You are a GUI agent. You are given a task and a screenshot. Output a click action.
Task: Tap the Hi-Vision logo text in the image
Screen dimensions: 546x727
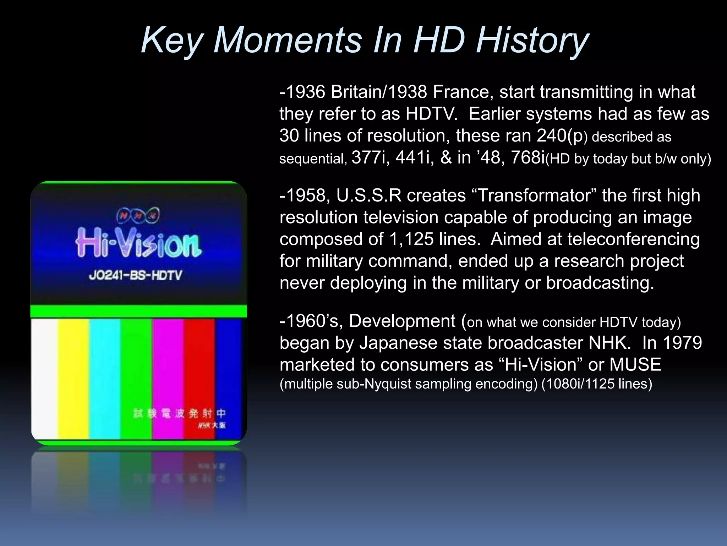click(x=138, y=243)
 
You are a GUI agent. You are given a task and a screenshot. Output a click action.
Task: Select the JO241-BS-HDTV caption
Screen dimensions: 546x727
click(x=135, y=275)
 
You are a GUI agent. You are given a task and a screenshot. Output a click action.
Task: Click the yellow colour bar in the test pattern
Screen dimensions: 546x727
click(x=73, y=377)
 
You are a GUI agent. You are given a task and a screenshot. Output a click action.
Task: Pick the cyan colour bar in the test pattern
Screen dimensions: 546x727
click(x=105, y=377)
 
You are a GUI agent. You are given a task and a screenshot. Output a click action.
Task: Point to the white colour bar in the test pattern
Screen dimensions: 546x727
click(x=45, y=377)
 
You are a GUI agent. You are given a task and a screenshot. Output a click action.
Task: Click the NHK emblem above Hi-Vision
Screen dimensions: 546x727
click(x=138, y=215)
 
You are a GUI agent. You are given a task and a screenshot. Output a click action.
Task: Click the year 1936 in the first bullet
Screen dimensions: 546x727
click(x=305, y=92)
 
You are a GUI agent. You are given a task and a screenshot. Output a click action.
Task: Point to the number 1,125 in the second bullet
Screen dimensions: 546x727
click(x=411, y=239)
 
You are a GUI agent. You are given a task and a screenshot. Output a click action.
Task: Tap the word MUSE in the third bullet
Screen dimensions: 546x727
click(x=635, y=365)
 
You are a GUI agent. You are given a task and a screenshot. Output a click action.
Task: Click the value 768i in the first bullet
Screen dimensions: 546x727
click(x=528, y=157)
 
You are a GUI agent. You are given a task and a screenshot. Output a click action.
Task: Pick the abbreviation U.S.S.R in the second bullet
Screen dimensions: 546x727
click(x=369, y=196)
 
